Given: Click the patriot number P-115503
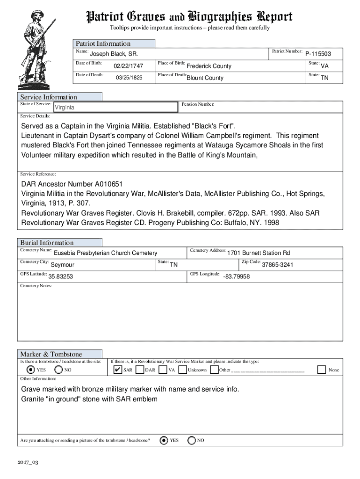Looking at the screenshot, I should tap(318, 54).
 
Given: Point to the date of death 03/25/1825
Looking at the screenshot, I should tap(129, 78).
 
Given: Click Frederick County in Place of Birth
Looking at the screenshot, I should tap(209, 66).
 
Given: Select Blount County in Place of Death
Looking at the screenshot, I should tap(205, 78).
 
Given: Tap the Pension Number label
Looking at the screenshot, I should tap(198, 105).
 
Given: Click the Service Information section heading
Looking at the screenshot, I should tap(49, 97).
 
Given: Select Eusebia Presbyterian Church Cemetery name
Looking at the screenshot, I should tap(105, 253).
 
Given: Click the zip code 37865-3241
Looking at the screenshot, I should tap(278, 265).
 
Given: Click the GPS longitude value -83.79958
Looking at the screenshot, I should tap(236, 277).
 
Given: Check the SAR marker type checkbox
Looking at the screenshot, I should tap(118, 370).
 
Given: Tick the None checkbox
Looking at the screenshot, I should tap(321, 370).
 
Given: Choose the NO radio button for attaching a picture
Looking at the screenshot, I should tap(192, 440).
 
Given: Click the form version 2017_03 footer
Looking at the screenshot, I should tap(29, 462).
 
